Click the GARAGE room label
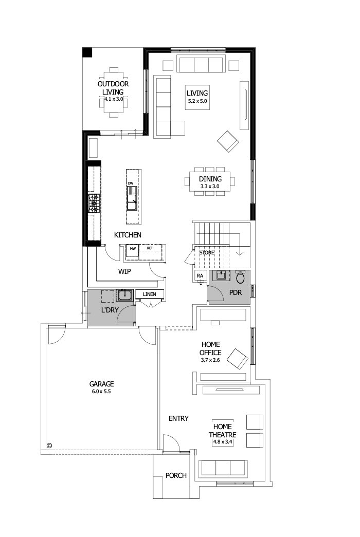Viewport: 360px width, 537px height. tap(101, 384)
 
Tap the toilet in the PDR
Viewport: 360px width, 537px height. tap(240, 277)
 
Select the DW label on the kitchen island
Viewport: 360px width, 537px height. tap(131, 183)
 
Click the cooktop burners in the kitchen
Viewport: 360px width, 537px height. tap(94, 203)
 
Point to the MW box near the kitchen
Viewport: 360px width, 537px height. tap(133, 249)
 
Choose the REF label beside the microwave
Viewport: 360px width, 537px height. tap(150, 248)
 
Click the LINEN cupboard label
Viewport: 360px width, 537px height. tap(150, 294)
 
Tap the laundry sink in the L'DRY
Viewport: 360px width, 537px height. tap(124, 295)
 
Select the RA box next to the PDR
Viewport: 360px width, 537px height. tap(200, 276)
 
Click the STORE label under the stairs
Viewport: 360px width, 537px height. tap(207, 253)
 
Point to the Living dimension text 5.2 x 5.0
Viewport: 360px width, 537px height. tap(197, 102)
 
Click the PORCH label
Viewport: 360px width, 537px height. tap(176, 475)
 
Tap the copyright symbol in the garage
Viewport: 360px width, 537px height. tap(50, 446)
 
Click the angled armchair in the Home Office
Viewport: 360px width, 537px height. tap(238, 358)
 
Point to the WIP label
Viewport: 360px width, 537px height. tap(124, 271)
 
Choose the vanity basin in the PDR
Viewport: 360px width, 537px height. tap(222, 275)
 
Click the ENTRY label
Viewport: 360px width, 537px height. tap(178, 418)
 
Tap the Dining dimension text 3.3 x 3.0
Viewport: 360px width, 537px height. tap(210, 186)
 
